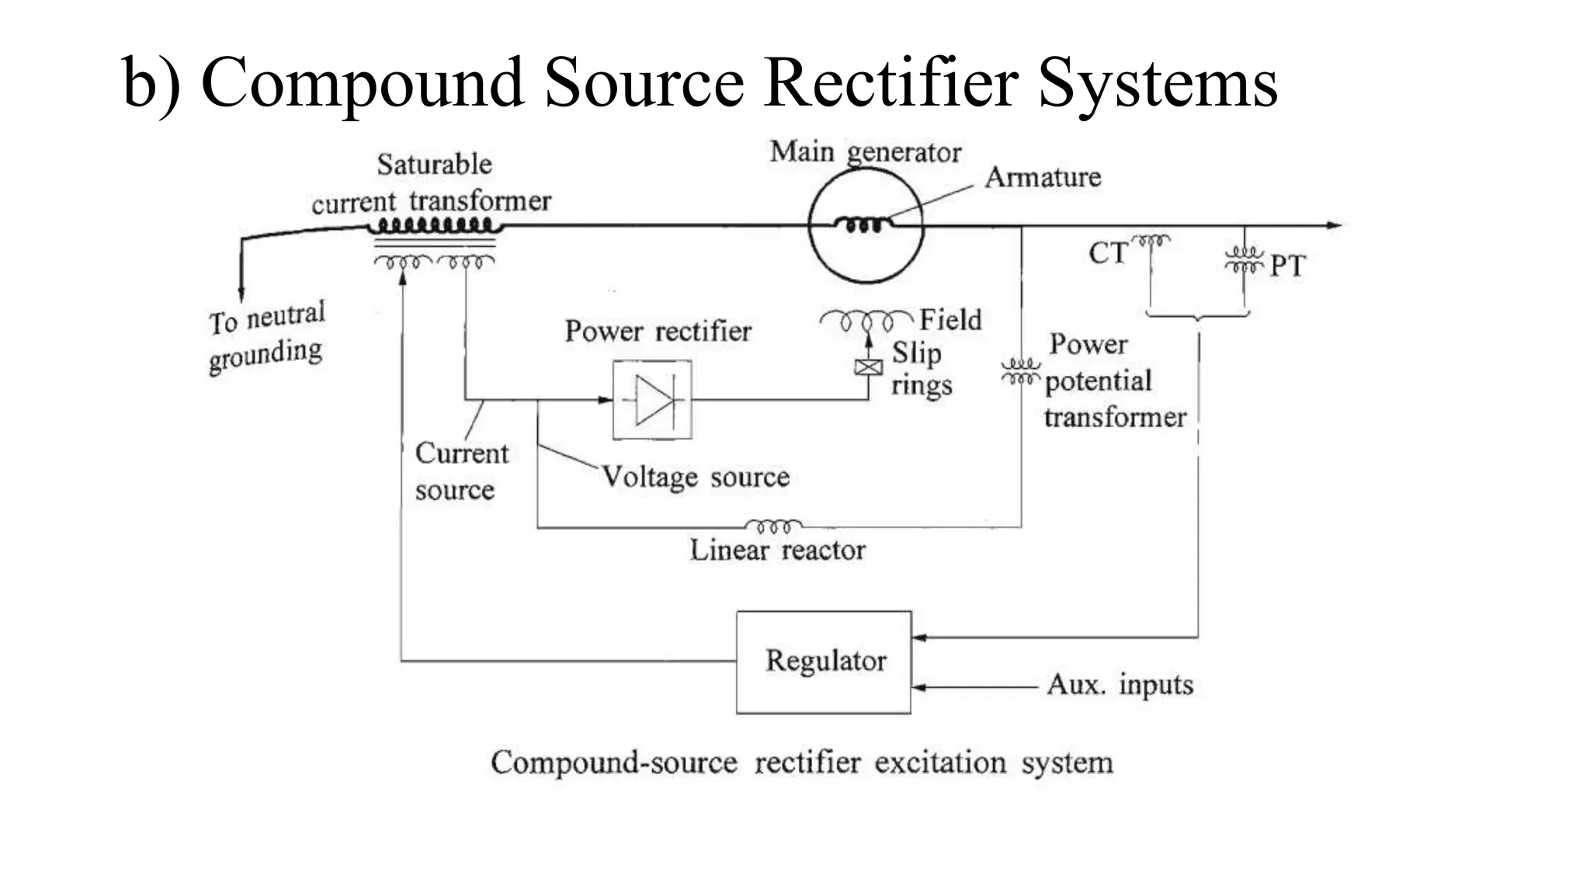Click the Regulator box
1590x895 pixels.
824,662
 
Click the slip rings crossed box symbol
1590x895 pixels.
868,367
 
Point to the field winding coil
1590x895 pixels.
866,320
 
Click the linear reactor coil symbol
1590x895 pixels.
773,526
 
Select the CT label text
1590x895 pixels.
1107,253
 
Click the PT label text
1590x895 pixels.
1288,266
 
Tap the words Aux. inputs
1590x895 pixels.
1120,685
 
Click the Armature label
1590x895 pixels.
1043,178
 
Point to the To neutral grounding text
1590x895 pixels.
266,336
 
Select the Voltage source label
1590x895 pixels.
696,477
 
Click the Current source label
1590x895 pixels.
461,472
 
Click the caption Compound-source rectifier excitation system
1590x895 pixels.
802,763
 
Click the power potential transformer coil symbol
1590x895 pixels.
1020,371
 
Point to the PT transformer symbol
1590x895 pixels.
1244,259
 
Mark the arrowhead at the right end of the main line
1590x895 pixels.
1334,225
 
